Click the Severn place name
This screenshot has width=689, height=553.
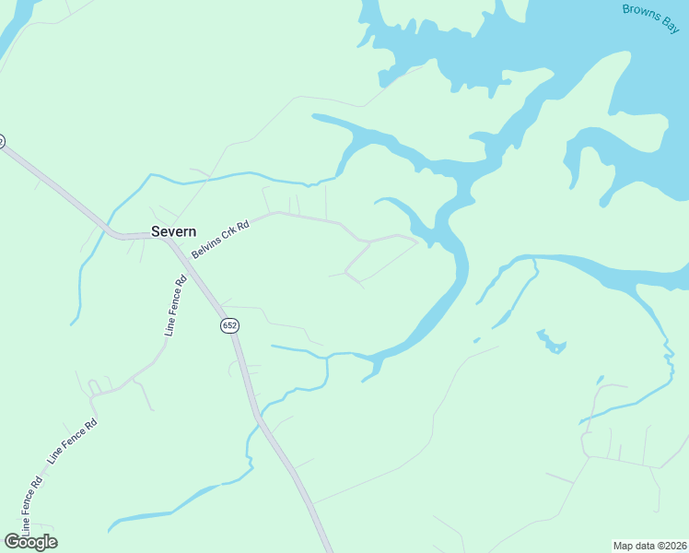pos(173,232)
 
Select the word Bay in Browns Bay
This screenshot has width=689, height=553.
pos(670,23)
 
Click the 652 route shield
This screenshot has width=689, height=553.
pos(229,325)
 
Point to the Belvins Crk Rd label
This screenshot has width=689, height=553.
pos(221,239)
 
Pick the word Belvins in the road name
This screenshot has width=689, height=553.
pos(207,246)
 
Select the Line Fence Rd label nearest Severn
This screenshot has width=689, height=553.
pos(176,304)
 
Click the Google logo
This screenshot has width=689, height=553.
pos(30,542)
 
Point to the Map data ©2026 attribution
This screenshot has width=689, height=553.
pos(650,546)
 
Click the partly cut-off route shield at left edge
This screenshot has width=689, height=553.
pos(1,141)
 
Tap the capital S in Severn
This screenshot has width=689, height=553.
pos(157,232)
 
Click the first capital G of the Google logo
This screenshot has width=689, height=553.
pos(10,542)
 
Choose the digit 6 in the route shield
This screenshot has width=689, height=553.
pos(225,325)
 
